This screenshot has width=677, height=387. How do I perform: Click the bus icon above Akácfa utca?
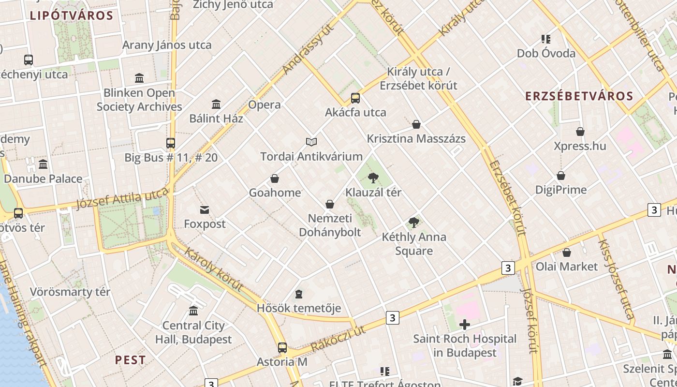click(x=355, y=98)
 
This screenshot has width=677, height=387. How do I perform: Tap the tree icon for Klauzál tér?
click(x=373, y=178)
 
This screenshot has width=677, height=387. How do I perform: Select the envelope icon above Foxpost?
click(x=205, y=210)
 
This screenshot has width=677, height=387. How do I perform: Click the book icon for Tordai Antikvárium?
click(x=311, y=142)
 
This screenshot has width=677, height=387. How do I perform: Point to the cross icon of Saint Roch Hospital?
click(x=465, y=325)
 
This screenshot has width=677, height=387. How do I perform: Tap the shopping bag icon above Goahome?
click(x=275, y=179)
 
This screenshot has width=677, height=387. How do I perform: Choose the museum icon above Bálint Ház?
click(x=216, y=104)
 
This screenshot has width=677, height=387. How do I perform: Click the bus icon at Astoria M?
click(x=282, y=347)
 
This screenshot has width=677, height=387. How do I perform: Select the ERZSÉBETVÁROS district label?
click(x=579, y=96)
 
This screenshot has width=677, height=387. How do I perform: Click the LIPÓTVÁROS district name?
click(x=72, y=15)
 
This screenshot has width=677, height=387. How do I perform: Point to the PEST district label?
click(x=130, y=360)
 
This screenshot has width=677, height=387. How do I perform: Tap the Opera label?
click(x=265, y=104)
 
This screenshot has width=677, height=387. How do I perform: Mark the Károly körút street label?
click(x=213, y=271)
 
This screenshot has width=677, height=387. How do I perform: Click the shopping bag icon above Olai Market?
click(x=567, y=253)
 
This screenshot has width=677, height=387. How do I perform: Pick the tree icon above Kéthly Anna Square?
click(x=413, y=223)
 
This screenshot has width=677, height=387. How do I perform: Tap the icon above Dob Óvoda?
click(x=546, y=39)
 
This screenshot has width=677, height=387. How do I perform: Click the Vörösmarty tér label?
click(x=70, y=292)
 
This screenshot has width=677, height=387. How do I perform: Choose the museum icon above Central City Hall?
click(x=193, y=311)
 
